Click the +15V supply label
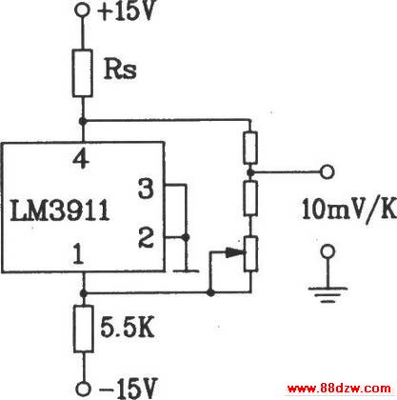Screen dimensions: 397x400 point(127,11)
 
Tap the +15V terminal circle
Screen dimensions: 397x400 point(82,10)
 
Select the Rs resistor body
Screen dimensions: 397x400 point(83,72)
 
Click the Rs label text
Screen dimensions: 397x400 point(120,69)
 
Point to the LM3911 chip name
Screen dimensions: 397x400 point(60,210)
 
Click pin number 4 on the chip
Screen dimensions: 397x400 point(81,159)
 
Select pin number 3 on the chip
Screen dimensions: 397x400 point(146,189)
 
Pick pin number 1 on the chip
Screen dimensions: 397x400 point(78,254)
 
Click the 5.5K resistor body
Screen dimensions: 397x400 point(83,329)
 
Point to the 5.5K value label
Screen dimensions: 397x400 point(128,327)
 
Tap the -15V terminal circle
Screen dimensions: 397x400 point(84,389)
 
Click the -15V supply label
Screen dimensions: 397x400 point(129,389)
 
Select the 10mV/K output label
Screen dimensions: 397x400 point(349,210)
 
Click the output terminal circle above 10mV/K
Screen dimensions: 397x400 point(328,171)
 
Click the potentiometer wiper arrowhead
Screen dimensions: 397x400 point(235,252)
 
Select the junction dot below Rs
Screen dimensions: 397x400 point(83,121)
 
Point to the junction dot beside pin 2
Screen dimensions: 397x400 point(186,237)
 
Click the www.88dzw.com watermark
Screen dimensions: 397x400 point(339,388)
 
